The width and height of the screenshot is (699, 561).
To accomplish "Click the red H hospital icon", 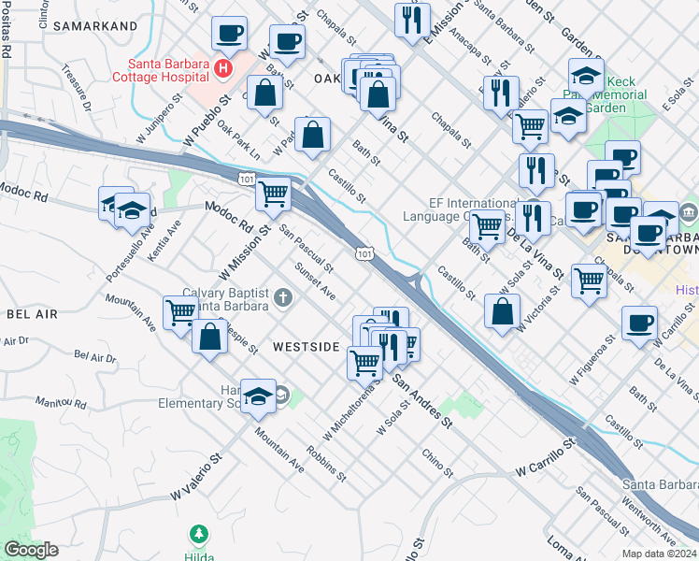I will point(222,68).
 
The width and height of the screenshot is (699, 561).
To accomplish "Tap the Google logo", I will point(31,549).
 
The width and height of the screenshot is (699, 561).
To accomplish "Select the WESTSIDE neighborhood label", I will point(306,347).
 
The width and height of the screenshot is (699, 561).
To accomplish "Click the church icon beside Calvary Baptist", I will point(283,298).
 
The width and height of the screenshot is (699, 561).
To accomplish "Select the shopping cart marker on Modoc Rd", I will point(273,194).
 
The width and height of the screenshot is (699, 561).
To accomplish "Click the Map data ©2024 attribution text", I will point(661,554).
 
